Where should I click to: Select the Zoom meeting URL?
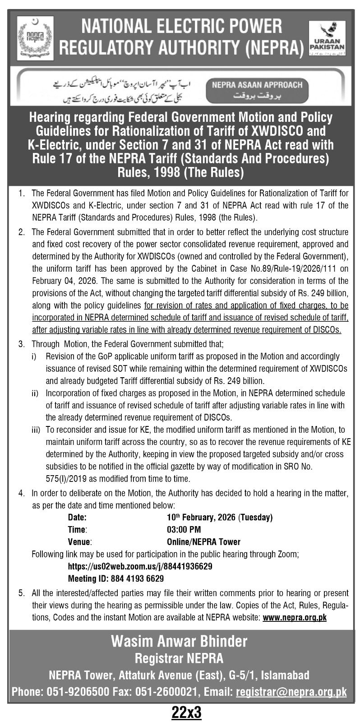point(140,566)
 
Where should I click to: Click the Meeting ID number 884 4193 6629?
point(138,578)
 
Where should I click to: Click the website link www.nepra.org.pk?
point(294,617)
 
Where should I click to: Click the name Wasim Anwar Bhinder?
point(180,641)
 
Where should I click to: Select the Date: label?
point(77,517)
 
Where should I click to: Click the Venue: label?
point(80,541)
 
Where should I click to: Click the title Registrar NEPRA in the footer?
point(180,658)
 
